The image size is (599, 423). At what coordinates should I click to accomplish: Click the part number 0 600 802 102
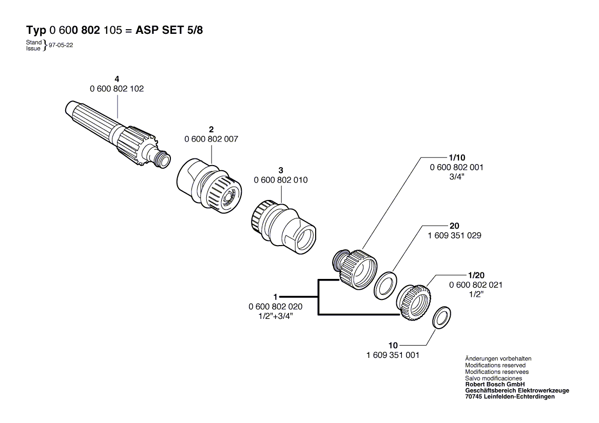pos(117,89)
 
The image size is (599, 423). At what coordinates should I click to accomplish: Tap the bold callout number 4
pos(117,79)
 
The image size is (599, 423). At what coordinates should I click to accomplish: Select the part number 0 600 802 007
pos(211,139)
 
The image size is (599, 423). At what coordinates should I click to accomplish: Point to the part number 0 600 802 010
pos(281,180)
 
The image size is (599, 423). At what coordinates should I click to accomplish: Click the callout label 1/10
pos(457,157)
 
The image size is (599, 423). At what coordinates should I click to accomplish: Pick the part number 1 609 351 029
pos(455,235)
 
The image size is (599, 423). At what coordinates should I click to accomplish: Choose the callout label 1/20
pos(476,275)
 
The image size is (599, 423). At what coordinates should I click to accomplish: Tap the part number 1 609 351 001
pos(393,355)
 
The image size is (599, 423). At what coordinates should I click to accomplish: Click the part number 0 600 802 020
pos(276,307)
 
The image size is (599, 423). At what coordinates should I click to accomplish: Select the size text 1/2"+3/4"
pos(276,316)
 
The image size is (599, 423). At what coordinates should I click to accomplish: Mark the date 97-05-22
pos(61,45)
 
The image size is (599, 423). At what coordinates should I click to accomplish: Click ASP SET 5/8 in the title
pos(169,30)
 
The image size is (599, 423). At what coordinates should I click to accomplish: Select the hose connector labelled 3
pos(283,227)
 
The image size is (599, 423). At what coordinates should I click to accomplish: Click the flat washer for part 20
pos(385,285)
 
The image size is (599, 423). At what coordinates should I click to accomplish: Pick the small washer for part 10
pos(441,317)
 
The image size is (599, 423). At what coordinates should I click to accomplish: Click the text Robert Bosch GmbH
pos(495,384)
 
